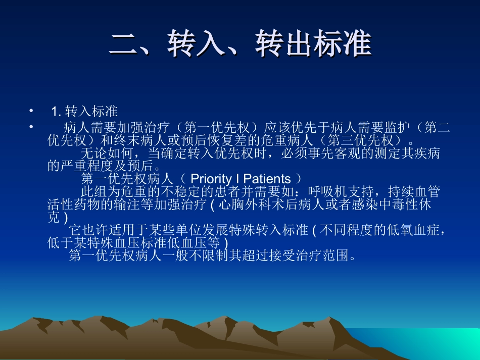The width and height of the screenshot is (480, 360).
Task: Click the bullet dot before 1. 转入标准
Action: tap(31, 111)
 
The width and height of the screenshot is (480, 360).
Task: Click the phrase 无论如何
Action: tap(107, 153)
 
